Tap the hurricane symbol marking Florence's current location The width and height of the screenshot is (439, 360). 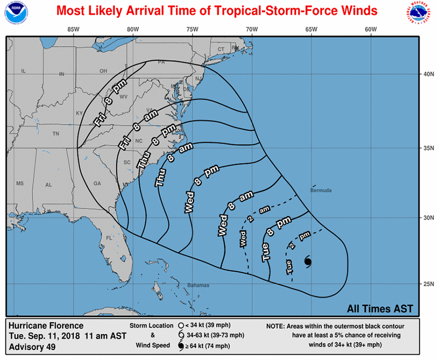coord(308,261)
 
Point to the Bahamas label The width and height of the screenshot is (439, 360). coord(198,285)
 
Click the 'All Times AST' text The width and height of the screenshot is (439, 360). coord(380,308)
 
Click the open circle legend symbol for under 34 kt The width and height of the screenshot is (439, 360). coord(180,325)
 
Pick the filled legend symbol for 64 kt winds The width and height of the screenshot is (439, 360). coord(180,346)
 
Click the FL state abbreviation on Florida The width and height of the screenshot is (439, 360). coord(109,238)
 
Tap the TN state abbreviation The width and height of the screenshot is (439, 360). coord(55,134)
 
